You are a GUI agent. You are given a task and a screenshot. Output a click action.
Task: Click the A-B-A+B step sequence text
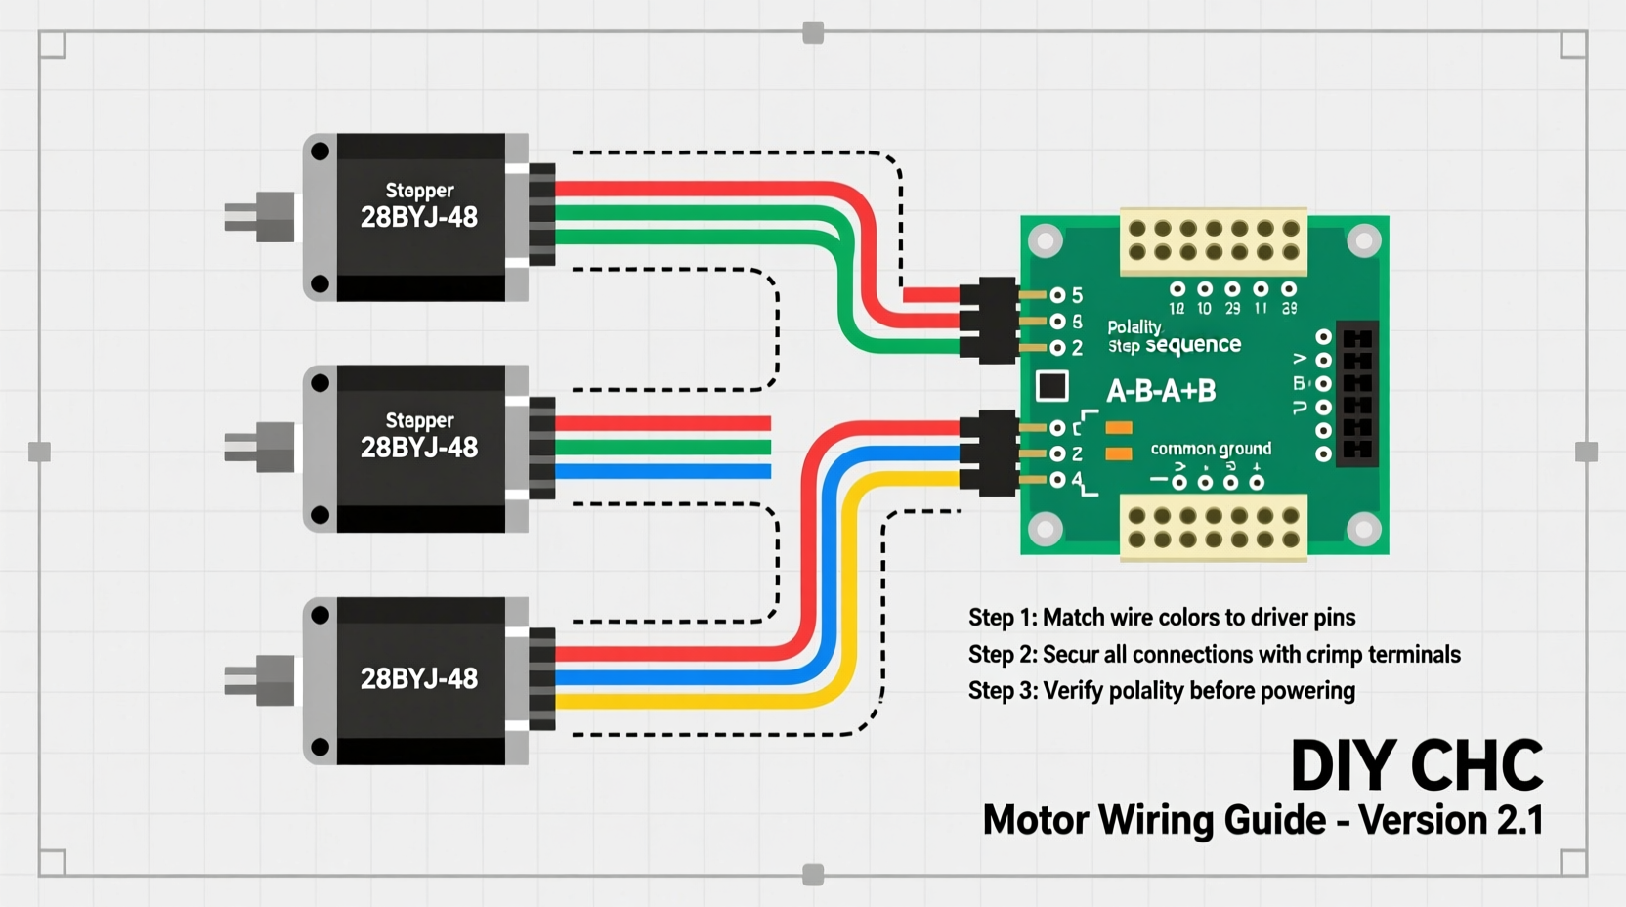(x=1161, y=392)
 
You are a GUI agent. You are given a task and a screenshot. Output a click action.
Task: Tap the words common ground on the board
(x=1211, y=449)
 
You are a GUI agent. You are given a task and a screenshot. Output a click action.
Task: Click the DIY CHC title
(x=1416, y=765)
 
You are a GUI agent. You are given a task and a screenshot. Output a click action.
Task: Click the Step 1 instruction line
(x=1161, y=618)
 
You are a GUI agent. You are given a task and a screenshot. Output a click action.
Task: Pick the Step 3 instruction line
(x=1161, y=691)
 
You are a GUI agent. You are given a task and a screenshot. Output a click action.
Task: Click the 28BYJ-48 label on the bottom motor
(x=419, y=678)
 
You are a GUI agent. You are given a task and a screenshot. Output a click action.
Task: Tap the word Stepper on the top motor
(x=419, y=190)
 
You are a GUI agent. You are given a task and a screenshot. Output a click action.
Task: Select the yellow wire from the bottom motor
(x=704, y=701)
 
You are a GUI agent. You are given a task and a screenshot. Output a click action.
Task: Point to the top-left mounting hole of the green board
(x=1046, y=240)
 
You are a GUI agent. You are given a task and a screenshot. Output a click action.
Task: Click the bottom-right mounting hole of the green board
(x=1363, y=530)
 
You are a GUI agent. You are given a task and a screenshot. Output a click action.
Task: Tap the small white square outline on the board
(x=1051, y=386)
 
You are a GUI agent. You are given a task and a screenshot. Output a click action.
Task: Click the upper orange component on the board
(x=1119, y=428)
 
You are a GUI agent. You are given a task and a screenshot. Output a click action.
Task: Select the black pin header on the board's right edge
(x=1356, y=394)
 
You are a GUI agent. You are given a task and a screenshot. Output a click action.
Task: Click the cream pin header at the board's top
(x=1213, y=240)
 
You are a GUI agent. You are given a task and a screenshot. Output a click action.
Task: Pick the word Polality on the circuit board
(x=1134, y=326)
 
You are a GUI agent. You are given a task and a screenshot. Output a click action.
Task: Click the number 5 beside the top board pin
(x=1077, y=295)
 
